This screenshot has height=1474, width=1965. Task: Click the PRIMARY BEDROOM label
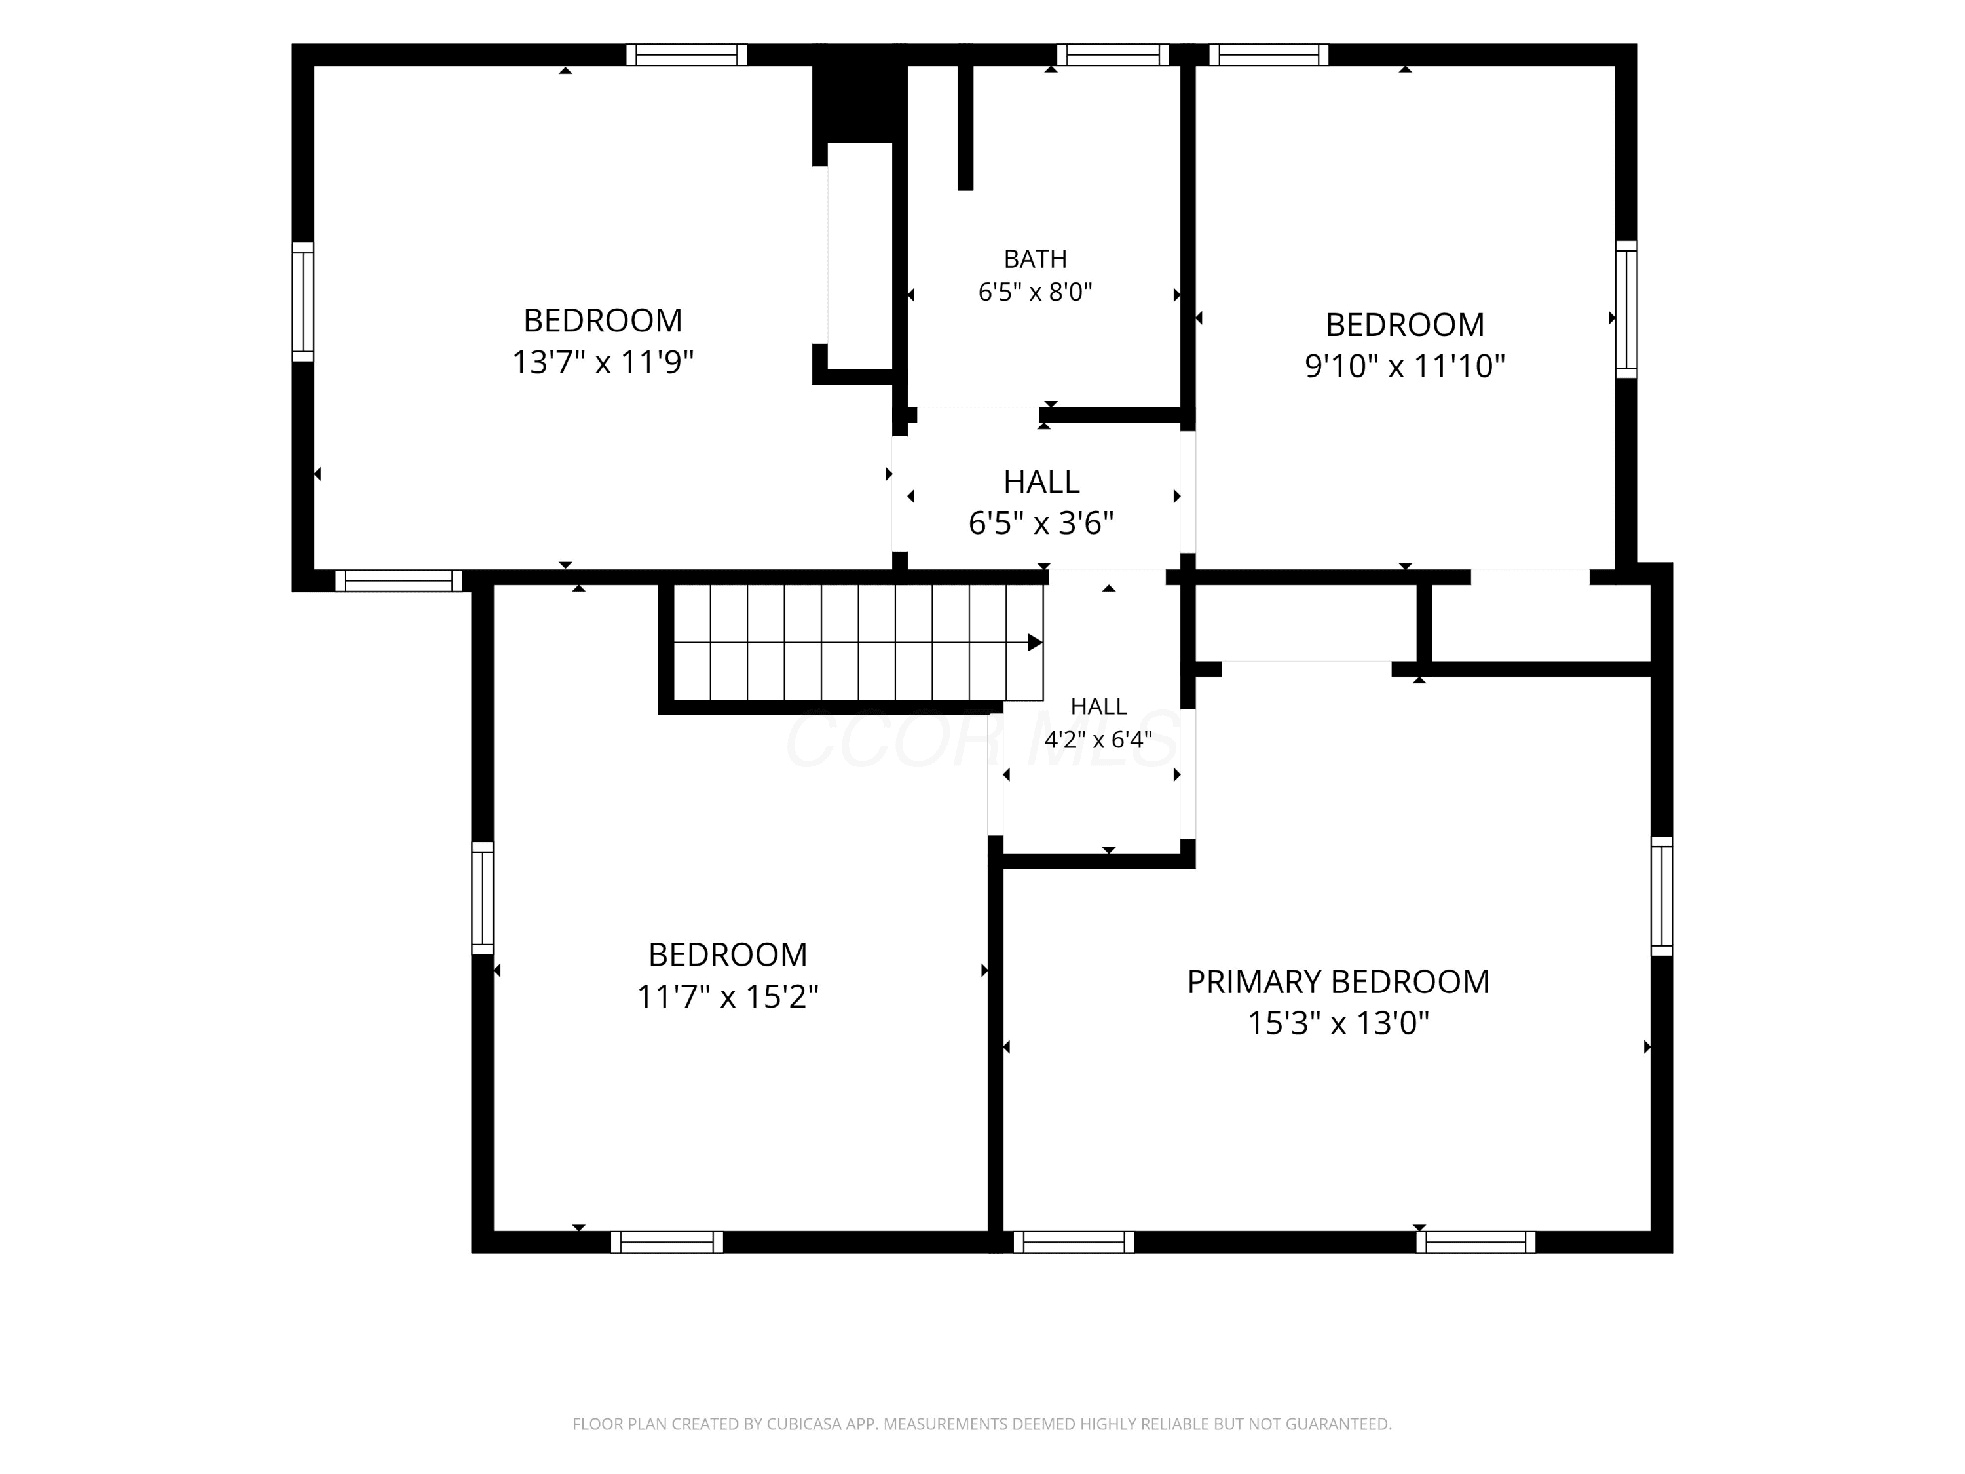pos(1338,982)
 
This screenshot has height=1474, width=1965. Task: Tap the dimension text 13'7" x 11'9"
pos(603,362)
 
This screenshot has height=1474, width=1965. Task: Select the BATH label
pos(1035,259)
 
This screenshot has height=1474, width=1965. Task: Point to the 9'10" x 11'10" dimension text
pos(1404,366)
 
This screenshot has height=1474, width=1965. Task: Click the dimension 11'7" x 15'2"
pos(728,997)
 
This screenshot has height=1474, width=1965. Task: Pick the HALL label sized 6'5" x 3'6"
pos(1041,482)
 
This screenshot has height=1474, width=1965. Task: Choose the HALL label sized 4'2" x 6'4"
pos(1099,706)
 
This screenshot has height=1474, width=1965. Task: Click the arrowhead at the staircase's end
pos(1035,643)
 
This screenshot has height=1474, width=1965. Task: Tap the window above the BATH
pos(1113,55)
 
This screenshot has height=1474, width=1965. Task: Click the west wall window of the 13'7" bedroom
pos(303,302)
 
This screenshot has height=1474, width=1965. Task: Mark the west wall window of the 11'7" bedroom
pos(482,898)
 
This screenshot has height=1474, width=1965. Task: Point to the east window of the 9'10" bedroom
pos(1626,309)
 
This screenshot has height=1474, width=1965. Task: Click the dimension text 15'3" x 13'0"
pos(1338,1023)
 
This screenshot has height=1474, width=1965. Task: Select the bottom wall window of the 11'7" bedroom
pos(667,1242)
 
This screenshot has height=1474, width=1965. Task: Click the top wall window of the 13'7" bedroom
pos(686,55)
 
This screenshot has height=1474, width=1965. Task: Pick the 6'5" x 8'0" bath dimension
pos(1035,292)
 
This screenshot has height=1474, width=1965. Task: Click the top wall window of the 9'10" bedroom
pos(1269,55)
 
